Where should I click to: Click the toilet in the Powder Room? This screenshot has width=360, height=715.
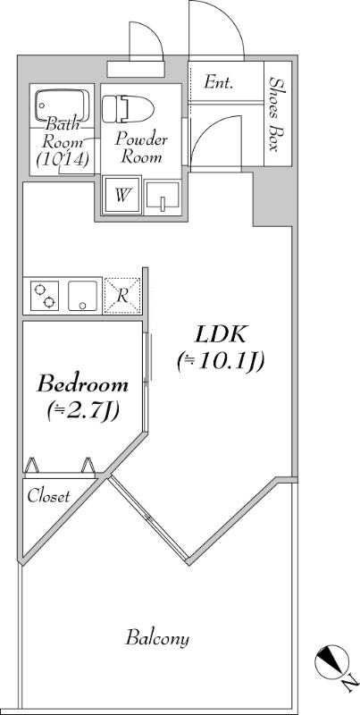[128, 108]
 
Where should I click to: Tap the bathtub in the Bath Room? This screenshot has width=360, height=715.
[62, 105]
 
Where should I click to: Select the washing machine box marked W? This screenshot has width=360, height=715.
[121, 195]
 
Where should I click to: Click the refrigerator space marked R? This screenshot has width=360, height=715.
[122, 296]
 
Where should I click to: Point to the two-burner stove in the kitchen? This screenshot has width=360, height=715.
[45, 296]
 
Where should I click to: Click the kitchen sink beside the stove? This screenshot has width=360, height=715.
[82, 296]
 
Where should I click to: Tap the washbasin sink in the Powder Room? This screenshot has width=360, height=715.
[163, 197]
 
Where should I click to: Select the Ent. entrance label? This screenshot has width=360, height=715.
[219, 83]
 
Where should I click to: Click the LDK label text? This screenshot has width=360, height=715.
[221, 335]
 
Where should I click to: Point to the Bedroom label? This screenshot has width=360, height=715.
[82, 384]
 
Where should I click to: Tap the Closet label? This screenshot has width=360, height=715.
[49, 496]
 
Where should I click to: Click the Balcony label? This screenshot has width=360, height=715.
[157, 638]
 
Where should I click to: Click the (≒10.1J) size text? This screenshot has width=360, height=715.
[221, 363]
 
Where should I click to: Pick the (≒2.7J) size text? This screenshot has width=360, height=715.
[83, 411]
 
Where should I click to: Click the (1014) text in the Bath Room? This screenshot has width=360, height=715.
[62, 159]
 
